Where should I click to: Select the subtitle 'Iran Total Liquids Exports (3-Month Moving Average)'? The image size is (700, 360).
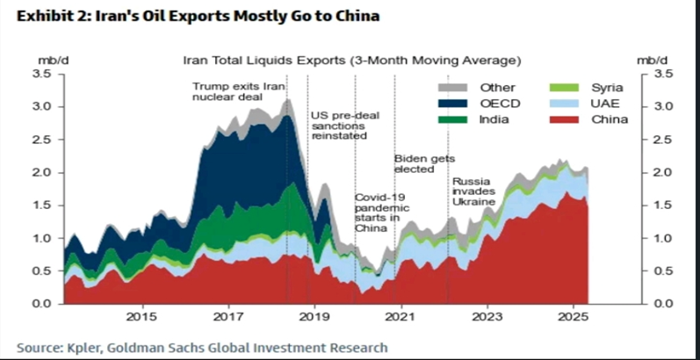pos(351,61)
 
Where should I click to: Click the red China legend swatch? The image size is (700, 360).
pos(563,119)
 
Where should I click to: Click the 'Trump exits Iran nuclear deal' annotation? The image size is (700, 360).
pos(227,91)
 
